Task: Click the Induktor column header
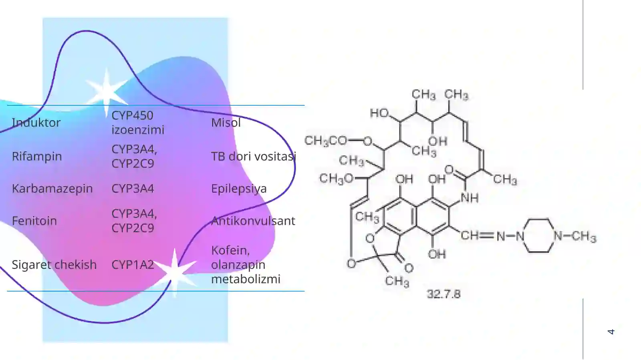tap(36, 123)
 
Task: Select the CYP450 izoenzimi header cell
tap(138, 123)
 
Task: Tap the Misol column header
tap(226, 123)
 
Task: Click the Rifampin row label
tap(37, 157)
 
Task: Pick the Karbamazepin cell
tap(52, 189)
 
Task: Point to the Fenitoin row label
tap(34, 221)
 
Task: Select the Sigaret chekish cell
tap(54, 265)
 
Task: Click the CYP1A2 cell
tap(133, 265)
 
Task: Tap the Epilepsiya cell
tap(239, 189)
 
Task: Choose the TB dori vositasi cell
tap(253, 157)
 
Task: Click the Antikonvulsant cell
tap(253, 221)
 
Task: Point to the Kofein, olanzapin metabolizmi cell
tap(246, 265)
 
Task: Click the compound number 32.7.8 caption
tap(443, 294)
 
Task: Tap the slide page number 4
tap(611, 332)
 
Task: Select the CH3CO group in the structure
tap(326, 141)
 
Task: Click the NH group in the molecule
tap(470, 198)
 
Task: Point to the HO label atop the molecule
tap(379, 113)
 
